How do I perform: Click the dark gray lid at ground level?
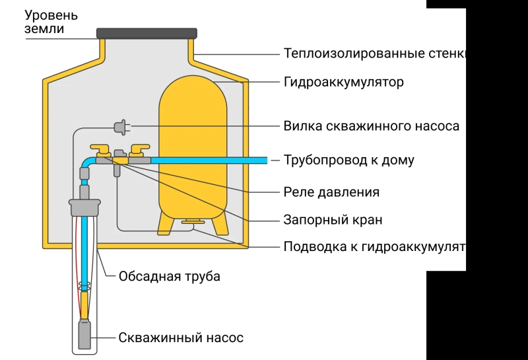(x=147, y=33)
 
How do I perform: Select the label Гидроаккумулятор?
(x=343, y=83)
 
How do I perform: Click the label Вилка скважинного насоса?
(x=371, y=126)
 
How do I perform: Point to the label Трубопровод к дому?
(x=348, y=161)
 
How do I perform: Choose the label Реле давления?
(x=331, y=192)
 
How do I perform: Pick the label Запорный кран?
(x=333, y=220)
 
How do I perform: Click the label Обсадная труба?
(x=169, y=276)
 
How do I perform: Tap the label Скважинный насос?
(x=181, y=338)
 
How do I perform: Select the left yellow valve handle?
(x=101, y=149)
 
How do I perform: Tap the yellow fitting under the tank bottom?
(x=193, y=222)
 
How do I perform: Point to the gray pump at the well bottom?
(x=84, y=334)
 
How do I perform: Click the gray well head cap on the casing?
(x=84, y=207)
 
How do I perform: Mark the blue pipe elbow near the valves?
(x=86, y=162)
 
